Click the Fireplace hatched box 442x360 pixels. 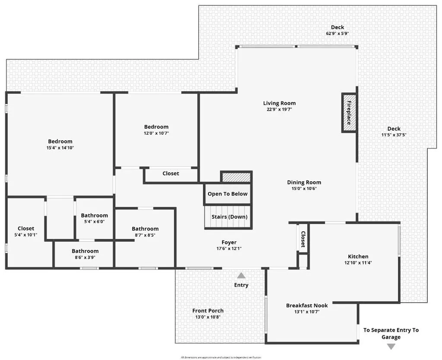tap(349, 113)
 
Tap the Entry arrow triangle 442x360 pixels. tap(241, 275)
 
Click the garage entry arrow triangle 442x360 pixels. tap(391, 346)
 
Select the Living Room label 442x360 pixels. tap(280, 103)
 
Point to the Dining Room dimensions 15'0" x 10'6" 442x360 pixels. tap(304, 188)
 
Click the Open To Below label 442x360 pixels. tap(227, 194)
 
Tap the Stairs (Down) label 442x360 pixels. tap(227, 217)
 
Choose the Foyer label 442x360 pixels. tap(229, 243)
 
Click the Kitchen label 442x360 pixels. tap(358, 256)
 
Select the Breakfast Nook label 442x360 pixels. tap(307, 306)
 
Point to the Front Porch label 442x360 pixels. tap(208, 311)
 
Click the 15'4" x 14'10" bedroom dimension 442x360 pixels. tap(60, 148)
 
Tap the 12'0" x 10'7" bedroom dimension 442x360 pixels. tap(156, 133)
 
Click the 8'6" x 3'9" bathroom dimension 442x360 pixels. tap(85, 257)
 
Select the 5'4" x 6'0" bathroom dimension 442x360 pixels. tap(95, 221)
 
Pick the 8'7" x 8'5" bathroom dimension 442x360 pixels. tap(145, 235)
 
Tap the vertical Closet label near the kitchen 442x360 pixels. tap(303, 239)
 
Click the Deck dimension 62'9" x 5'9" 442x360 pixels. tap(338, 33)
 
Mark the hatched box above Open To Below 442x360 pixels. tap(236, 177)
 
